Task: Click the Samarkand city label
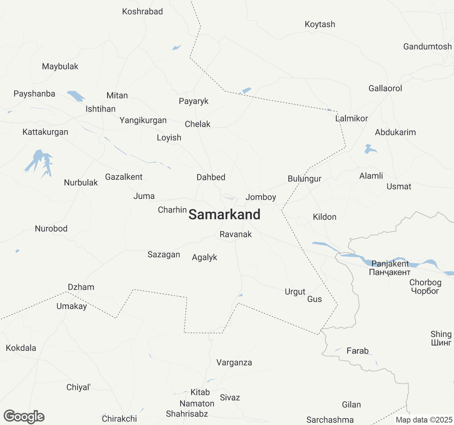coord(224,215)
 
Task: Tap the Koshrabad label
coord(142,12)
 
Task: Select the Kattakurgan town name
coord(45,132)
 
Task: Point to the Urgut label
coord(295,292)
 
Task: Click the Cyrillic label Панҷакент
coord(389,272)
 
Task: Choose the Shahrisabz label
coord(187,414)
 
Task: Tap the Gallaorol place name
coord(385,89)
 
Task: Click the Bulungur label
coord(304,179)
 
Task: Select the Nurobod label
coord(51,229)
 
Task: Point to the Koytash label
coord(320,24)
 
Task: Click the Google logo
coord(24,416)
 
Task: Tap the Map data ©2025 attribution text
coord(424,420)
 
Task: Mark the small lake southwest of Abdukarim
coord(369,149)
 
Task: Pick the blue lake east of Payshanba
coord(76,96)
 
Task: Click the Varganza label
coord(234,363)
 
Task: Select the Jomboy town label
coord(261,198)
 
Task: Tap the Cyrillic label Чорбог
coord(425,291)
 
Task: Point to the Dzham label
coord(81,287)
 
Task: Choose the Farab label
coord(358,351)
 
